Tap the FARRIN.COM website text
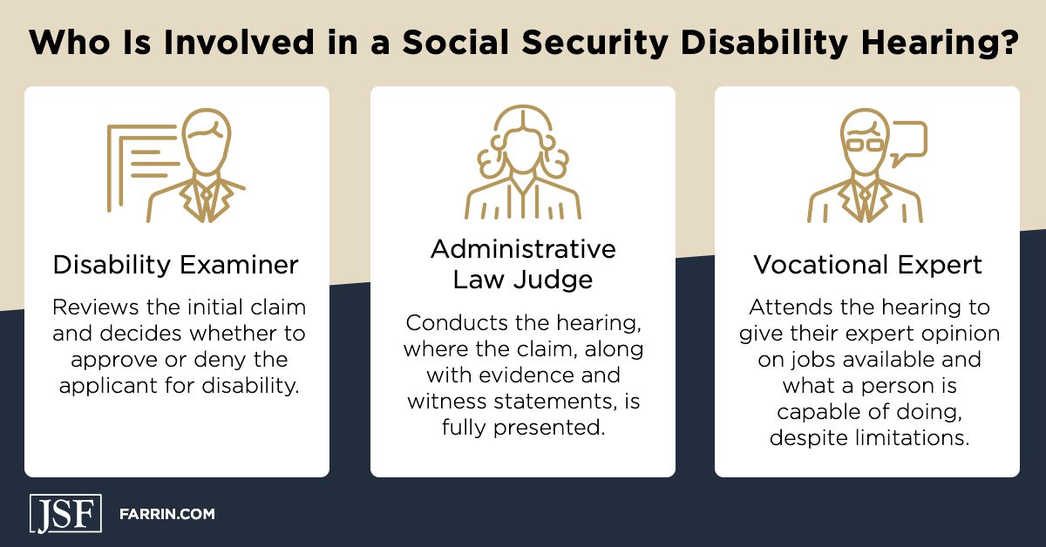(166, 515)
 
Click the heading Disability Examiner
(176, 265)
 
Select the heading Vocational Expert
(867, 265)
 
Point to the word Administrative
(523, 249)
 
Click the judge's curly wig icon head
(522, 139)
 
